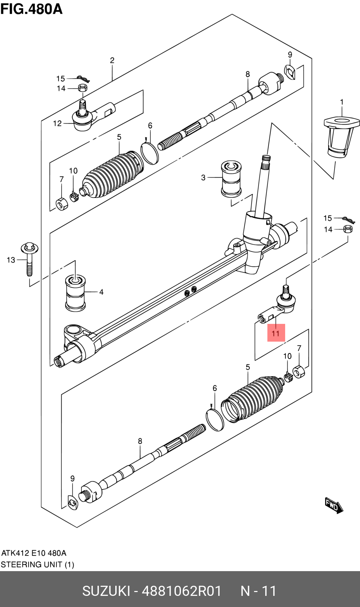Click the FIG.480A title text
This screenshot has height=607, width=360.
point(31,9)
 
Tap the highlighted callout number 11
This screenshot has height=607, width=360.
point(276,333)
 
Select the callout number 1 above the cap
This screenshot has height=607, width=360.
point(342,102)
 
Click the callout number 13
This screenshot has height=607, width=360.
point(11,260)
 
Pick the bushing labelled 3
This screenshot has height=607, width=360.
point(231,179)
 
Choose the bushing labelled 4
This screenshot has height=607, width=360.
point(75,293)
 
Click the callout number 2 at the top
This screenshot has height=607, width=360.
point(112,60)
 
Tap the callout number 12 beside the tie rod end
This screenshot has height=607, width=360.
point(57,123)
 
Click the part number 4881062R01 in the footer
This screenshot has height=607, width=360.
point(181,591)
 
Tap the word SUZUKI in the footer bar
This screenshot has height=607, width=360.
point(106,591)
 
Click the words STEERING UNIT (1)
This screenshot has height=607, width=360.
point(37,565)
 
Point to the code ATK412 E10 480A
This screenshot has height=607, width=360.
point(34,553)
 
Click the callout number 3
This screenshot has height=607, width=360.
point(203,178)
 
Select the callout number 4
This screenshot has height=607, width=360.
point(101,292)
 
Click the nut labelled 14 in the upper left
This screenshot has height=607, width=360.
point(83,87)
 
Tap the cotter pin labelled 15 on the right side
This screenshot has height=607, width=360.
point(349,220)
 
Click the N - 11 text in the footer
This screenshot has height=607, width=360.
point(259,591)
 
